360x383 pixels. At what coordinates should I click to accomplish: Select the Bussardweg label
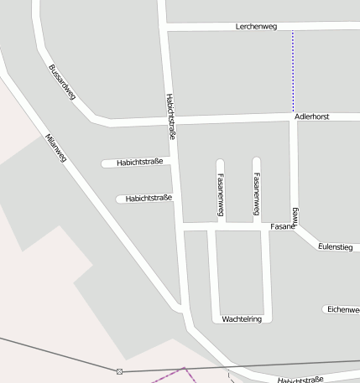(62, 82)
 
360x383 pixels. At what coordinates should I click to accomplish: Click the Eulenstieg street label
(335, 246)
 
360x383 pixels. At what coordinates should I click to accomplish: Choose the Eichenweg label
(342, 309)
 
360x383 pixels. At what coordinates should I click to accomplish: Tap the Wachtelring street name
(243, 319)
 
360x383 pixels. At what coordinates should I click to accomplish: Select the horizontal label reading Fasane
(283, 227)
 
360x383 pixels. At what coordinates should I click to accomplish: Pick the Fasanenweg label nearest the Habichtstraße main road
(220, 195)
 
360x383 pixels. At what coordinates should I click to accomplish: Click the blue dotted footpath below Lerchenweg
(293, 71)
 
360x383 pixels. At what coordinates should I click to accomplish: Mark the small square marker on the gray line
(119, 371)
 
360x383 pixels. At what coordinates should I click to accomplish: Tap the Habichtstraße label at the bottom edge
(300, 380)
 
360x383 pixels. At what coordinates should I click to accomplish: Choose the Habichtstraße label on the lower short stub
(149, 199)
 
